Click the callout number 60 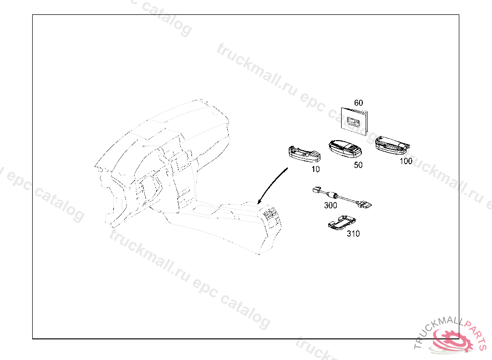(x=358, y=103)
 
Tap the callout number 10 (x=315, y=169)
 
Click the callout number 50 (x=358, y=165)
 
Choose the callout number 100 (x=406, y=161)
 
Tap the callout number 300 (x=331, y=204)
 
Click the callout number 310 (x=353, y=234)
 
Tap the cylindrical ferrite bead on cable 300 (x=330, y=195)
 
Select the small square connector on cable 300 (x=315, y=189)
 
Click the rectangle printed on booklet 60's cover (x=355, y=122)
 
